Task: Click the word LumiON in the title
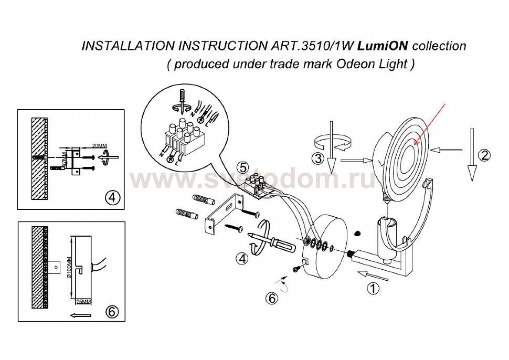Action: (385, 46)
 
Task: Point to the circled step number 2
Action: (484, 155)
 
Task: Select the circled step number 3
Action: (317, 158)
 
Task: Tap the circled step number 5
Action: (242, 167)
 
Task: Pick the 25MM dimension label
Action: (84, 302)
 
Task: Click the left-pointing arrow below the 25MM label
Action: (80, 315)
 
